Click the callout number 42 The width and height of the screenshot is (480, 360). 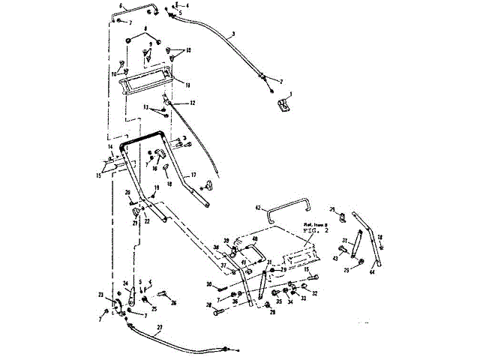[257, 207]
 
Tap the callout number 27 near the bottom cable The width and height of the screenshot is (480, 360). [159, 327]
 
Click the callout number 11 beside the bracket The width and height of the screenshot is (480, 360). [187, 85]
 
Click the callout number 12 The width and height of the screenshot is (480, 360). [193, 103]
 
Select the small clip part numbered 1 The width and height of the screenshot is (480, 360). [283, 106]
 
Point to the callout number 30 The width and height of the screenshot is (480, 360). [210, 284]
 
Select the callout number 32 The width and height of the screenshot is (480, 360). [314, 293]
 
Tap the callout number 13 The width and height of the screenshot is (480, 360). [147, 108]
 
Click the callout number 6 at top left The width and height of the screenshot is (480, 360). [112, 5]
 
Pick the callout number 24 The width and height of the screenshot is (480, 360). [125, 283]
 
